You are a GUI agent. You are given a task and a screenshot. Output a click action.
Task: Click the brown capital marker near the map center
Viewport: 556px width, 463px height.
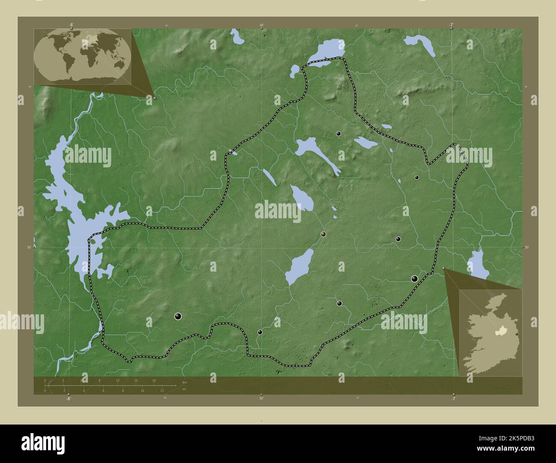coord(323,234)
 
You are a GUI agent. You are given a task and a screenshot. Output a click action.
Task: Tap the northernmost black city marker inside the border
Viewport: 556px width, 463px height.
coord(338,134)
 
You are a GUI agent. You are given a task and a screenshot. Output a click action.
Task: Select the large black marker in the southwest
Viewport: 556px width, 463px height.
coord(178,316)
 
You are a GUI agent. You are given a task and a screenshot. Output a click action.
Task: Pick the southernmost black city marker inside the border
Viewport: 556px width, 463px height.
coord(260,332)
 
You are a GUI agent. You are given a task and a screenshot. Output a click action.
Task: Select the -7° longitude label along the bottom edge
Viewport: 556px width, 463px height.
coord(453,398)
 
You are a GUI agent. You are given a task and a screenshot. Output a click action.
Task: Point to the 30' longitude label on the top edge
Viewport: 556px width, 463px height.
coord(261,25)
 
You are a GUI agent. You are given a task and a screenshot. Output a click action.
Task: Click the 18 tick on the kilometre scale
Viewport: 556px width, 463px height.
coord(154,381)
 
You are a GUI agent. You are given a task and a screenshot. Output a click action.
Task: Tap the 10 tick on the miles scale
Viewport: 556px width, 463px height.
coord(142,390)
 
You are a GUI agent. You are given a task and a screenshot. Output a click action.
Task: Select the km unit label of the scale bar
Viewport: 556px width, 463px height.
coord(184,382)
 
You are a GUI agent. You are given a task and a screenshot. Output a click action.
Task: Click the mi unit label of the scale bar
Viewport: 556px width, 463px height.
coord(184,389)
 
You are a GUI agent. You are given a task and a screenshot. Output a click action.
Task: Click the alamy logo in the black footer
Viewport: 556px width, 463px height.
coord(43,444)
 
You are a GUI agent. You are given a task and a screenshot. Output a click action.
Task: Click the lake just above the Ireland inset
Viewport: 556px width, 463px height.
coord(478,265)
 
